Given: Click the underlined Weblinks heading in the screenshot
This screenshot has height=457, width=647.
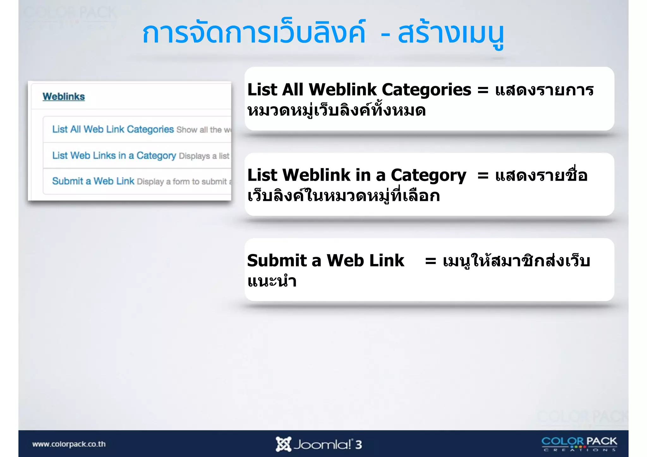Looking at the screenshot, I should tap(63, 96).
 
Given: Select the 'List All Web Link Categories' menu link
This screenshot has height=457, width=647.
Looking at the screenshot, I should tap(113, 129).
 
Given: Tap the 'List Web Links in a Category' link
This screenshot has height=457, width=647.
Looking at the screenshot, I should tap(114, 155).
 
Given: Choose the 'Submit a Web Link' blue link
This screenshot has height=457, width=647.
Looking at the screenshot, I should tap(93, 181).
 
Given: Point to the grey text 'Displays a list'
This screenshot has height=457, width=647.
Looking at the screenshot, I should tap(204, 156).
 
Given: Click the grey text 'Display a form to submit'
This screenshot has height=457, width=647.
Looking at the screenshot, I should tap(182, 182).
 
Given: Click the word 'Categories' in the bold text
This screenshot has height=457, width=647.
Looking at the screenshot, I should tap(426, 90).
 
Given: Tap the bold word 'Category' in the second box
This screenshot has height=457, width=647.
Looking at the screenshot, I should tap(428, 176).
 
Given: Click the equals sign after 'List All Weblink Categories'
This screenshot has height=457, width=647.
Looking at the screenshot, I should tap(483, 90).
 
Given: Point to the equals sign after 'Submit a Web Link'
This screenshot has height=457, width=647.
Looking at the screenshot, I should tap(431, 261).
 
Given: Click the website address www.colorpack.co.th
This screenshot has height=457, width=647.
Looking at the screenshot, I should tap(69, 444).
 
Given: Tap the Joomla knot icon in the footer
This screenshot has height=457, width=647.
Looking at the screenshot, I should tap(283, 444).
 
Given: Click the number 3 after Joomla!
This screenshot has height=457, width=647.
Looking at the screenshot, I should tap(358, 445).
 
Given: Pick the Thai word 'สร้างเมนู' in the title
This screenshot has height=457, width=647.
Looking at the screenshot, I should tap(451, 34).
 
